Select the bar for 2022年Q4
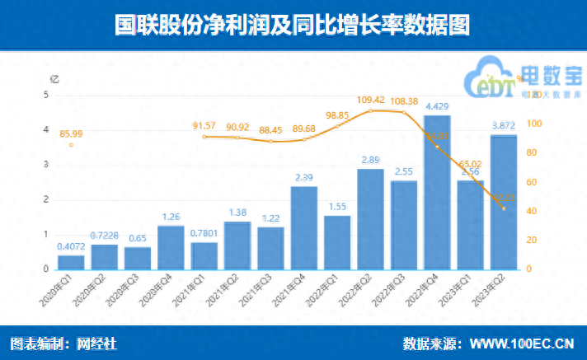pyautogui.click(x=436, y=192)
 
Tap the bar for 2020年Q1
pyautogui.click(x=71, y=262)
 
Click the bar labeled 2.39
pyautogui.click(x=303, y=227)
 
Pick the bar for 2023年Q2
pyautogui.click(x=503, y=202)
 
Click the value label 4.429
pyautogui.click(x=436, y=106)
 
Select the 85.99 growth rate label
pyautogui.click(x=71, y=133)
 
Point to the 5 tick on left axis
pyautogui.click(x=46, y=95)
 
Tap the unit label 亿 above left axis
pyautogui.click(x=55, y=79)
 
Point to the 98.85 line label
pyautogui.click(x=338, y=115)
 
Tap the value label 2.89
pyautogui.click(x=369, y=160)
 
